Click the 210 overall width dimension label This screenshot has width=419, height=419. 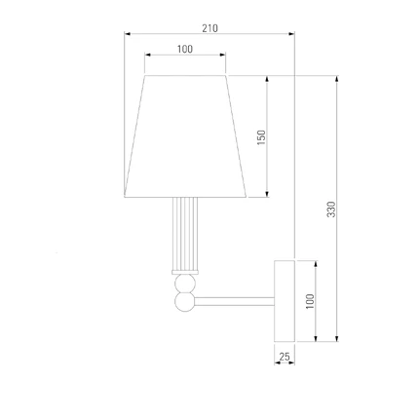tap(209, 28)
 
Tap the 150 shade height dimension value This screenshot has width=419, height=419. tap(261, 137)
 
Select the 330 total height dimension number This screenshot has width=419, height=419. tap(331, 209)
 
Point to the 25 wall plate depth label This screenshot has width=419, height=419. tap(285, 357)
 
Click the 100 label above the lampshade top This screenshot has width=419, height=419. tap(185, 49)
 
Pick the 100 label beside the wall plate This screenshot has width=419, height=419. tap(310, 301)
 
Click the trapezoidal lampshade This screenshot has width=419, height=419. tap(185, 136)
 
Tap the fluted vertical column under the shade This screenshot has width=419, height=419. tap(185, 234)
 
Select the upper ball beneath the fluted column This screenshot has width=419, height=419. tap(185, 284)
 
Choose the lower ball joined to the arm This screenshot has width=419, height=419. tap(184, 302)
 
